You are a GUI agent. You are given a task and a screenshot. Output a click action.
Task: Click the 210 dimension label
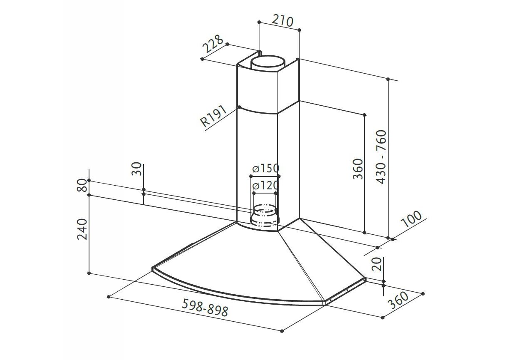(283, 21)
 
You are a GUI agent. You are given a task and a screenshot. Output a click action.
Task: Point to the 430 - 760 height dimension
(381, 157)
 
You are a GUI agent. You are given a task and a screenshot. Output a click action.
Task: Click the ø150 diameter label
(266, 169)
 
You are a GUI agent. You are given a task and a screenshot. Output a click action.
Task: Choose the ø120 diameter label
(265, 185)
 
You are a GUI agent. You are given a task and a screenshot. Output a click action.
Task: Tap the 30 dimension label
(136, 169)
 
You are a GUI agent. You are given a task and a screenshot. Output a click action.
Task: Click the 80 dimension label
(82, 185)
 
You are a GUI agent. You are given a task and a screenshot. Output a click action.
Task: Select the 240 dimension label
(82, 229)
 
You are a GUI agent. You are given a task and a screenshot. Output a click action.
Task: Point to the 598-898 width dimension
(205, 308)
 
